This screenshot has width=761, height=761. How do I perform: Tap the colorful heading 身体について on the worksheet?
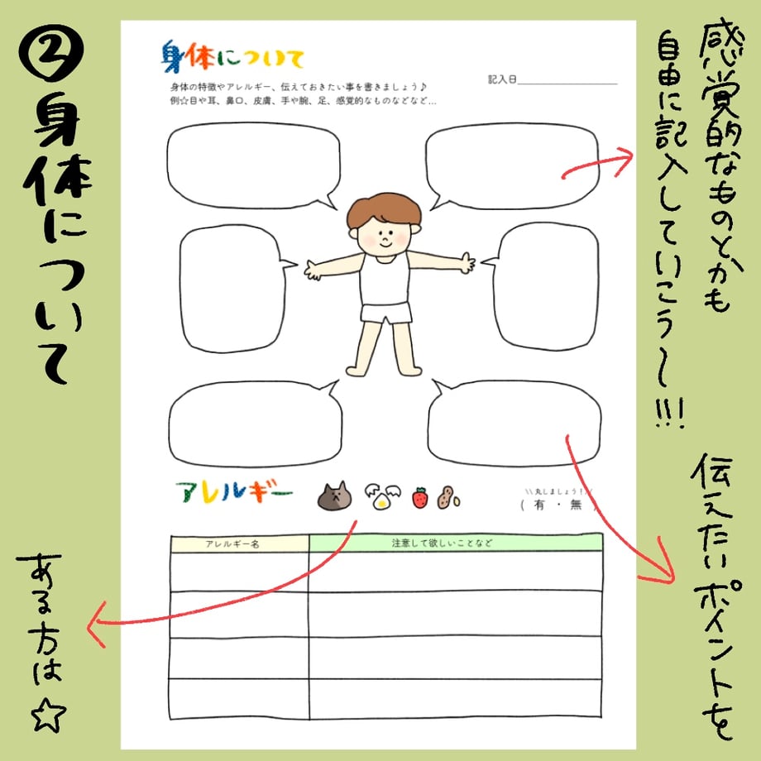coord(232,57)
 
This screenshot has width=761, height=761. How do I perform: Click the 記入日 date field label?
coord(502,79)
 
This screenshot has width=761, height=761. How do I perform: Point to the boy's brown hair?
coord(384,209)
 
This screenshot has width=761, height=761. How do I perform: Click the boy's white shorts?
coord(385,312)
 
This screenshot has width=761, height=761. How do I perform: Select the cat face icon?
coord(334,496)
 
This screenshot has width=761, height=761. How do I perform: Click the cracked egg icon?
coord(383,496)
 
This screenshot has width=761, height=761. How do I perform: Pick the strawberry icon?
coord(420,497)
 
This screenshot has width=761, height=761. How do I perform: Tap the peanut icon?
coord(448,498)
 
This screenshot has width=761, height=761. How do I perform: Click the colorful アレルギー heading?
coord(234,491)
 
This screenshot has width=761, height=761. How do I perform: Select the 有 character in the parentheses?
coord(538,505)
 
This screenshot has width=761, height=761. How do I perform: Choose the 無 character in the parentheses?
coord(576,505)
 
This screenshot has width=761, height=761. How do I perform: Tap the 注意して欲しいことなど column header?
coord(442,543)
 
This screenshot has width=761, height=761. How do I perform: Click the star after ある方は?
coord(48,715)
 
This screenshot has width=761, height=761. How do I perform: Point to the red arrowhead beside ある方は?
coord(97,625)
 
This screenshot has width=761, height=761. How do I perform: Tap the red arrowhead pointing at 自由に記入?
coord(623,159)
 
